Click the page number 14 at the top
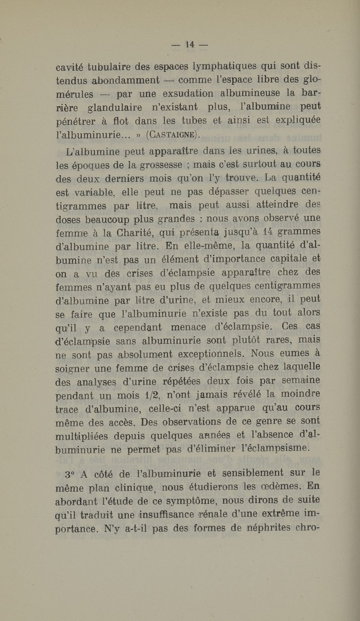coord(189,45)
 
